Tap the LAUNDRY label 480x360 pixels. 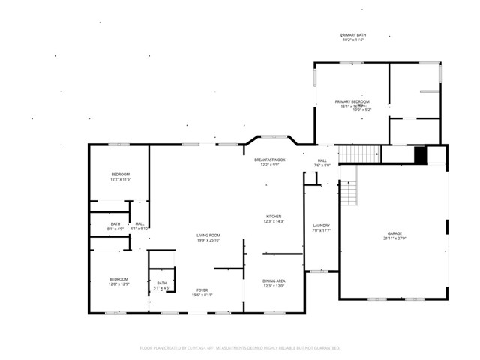(322, 225)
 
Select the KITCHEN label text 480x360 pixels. (274, 216)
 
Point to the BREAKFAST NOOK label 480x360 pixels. (269, 160)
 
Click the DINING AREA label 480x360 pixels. (274, 280)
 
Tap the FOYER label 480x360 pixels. (202, 289)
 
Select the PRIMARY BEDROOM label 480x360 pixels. (352, 101)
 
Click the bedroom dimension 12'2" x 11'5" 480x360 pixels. (121, 180)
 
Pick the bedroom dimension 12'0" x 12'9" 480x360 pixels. (119, 284)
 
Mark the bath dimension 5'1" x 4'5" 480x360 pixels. (162, 287)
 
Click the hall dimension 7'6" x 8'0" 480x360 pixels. (322, 166)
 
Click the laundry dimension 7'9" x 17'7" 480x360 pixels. (322, 230)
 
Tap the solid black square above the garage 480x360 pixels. (421, 154)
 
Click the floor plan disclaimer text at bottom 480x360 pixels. (240, 348)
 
